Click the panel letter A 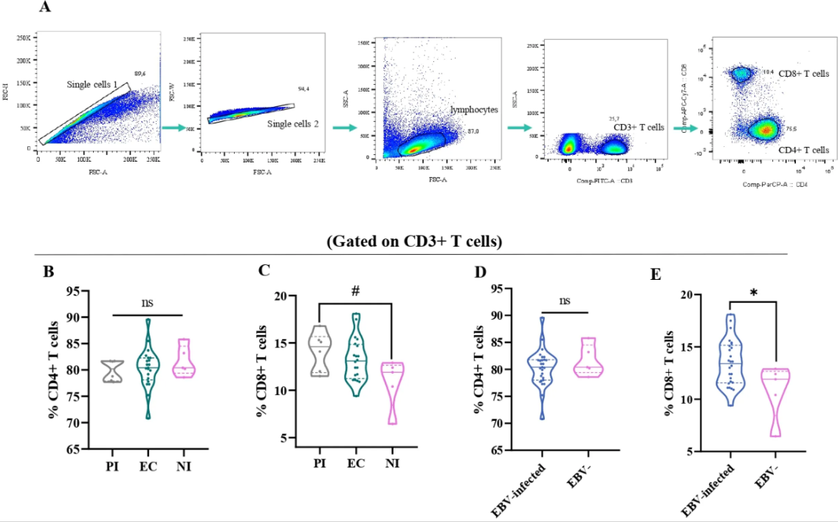coord(46,7)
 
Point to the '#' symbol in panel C coord(355,291)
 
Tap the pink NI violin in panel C coord(396,395)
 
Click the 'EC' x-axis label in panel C coord(357,464)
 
